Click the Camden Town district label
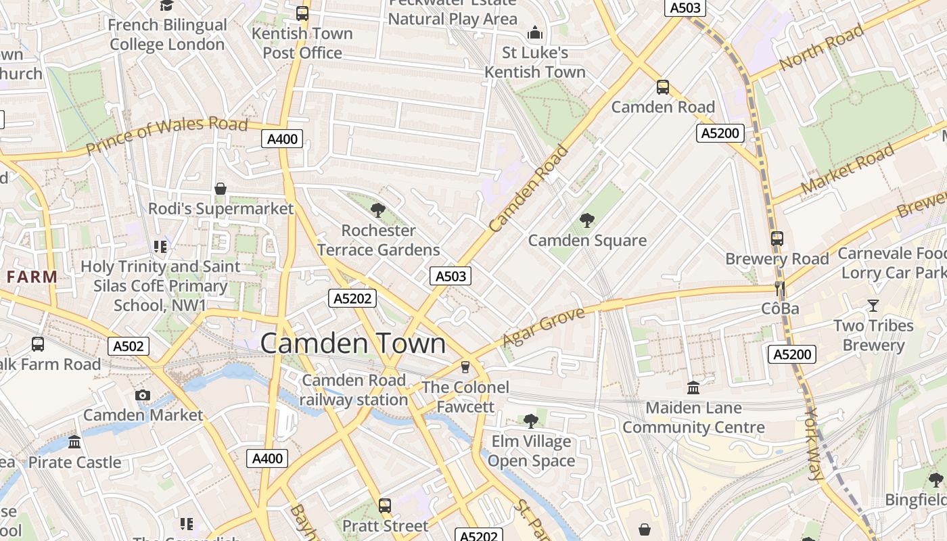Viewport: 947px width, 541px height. [353, 344]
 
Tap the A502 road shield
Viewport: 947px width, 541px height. [129, 346]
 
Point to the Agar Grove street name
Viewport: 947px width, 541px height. [543, 327]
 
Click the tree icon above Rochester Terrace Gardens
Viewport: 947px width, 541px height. [378, 210]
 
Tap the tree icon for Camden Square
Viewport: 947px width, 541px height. [586, 220]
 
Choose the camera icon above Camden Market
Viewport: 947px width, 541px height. [142, 395]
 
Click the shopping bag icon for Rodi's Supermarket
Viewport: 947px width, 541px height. [220, 189]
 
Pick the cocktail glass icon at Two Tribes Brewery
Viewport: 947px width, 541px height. [873, 306]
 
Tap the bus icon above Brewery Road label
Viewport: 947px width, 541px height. [777, 239]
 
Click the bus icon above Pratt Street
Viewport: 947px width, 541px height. [385, 505]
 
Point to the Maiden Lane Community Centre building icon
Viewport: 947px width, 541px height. [693, 388]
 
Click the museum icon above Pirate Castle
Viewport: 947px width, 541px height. [74, 442]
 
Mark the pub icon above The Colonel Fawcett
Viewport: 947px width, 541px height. [465, 367]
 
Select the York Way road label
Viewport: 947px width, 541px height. [815, 443]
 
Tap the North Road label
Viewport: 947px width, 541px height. [821, 47]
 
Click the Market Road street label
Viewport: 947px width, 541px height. [846, 170]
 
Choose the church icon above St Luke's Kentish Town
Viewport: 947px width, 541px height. [535, 32]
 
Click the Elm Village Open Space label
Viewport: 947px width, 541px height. [531, 452]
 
